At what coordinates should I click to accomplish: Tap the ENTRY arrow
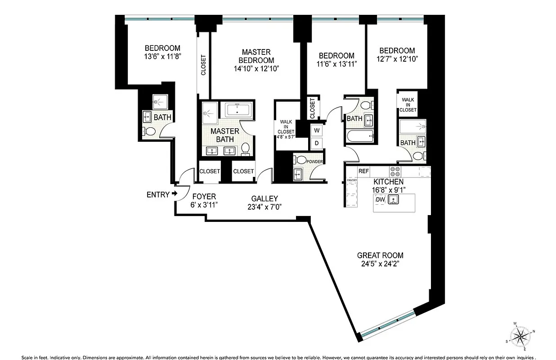click(174, 194)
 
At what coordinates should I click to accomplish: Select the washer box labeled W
click(317, 130)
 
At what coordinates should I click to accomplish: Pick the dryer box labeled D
click(317, 144)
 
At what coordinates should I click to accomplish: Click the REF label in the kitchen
click(363, 171)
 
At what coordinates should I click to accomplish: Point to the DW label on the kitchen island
click(380, 199)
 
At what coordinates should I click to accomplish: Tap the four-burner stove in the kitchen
click(395, 171)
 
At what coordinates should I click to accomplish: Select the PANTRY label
click(352, 181)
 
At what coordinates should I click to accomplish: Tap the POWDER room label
click(315, 162)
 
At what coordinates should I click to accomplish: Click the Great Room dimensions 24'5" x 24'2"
click(380, 264)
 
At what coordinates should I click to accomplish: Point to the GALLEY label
click(265, 198)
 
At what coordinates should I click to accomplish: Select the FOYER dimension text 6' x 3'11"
click(204, 205)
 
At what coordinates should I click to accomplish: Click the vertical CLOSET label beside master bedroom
click(203, 65)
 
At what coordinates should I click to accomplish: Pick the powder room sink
click(298, 174)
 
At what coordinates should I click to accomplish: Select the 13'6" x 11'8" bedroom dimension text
click(162, 57)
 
